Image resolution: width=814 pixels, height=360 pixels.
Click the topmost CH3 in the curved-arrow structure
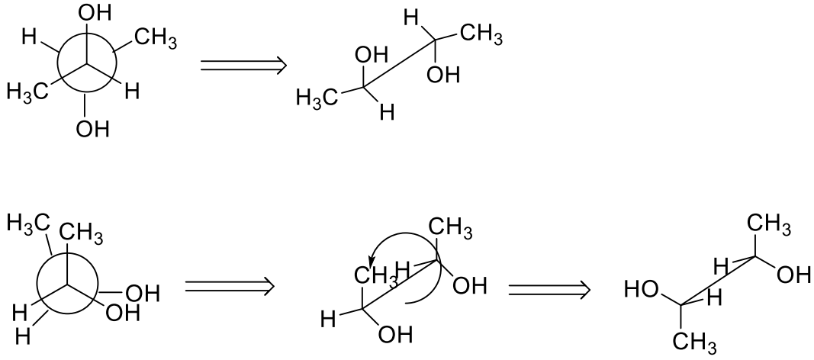(x=449, y=227)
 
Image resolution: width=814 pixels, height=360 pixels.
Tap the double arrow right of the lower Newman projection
(x=229, y=288)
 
